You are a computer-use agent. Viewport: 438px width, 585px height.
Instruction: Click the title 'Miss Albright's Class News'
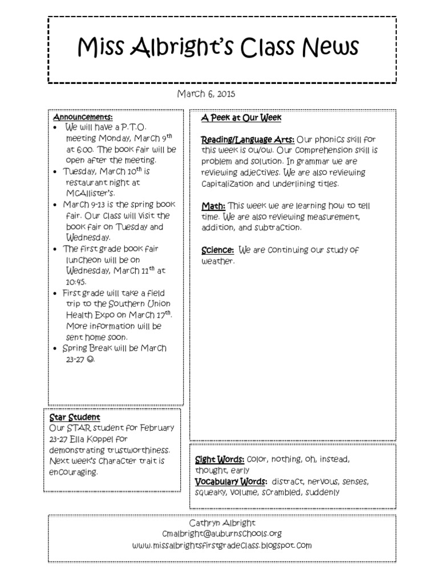[218, 47]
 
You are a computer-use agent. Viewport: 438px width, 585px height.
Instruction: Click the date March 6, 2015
[206, 94]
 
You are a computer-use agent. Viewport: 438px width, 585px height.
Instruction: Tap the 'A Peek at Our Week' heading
[241, 118]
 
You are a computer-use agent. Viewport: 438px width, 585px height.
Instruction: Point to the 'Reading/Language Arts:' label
[248, 139]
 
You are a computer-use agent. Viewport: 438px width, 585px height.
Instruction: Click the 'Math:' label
[213, 206]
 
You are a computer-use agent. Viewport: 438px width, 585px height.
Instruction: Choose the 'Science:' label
[217, 250]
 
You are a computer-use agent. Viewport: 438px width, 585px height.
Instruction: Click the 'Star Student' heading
[75, 417]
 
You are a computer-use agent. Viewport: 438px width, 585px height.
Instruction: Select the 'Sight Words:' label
[220, 459]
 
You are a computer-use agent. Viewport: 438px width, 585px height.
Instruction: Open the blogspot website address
[222, 545]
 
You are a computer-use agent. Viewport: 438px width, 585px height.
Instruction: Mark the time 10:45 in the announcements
[75, 282]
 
